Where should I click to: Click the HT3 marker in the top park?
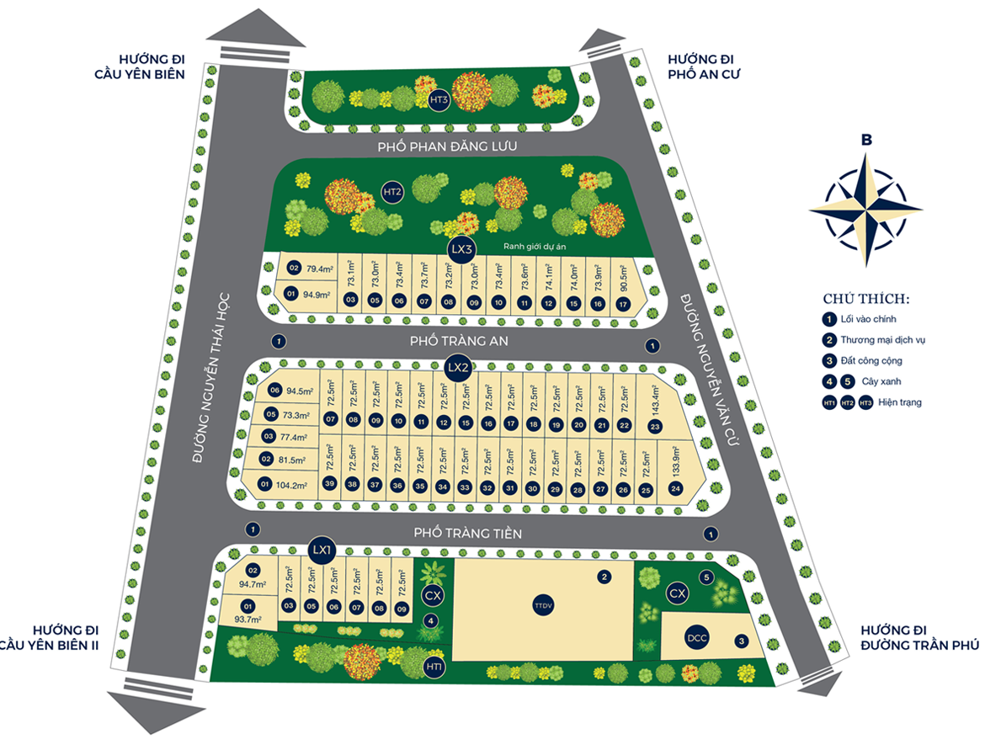point(439,100)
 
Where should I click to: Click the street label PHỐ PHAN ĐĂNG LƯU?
point(447,146)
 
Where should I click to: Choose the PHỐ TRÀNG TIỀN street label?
point(468,533)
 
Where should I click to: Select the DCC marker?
point(696,637)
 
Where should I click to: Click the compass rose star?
point(865,208)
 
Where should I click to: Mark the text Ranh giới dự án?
point(535,247)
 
